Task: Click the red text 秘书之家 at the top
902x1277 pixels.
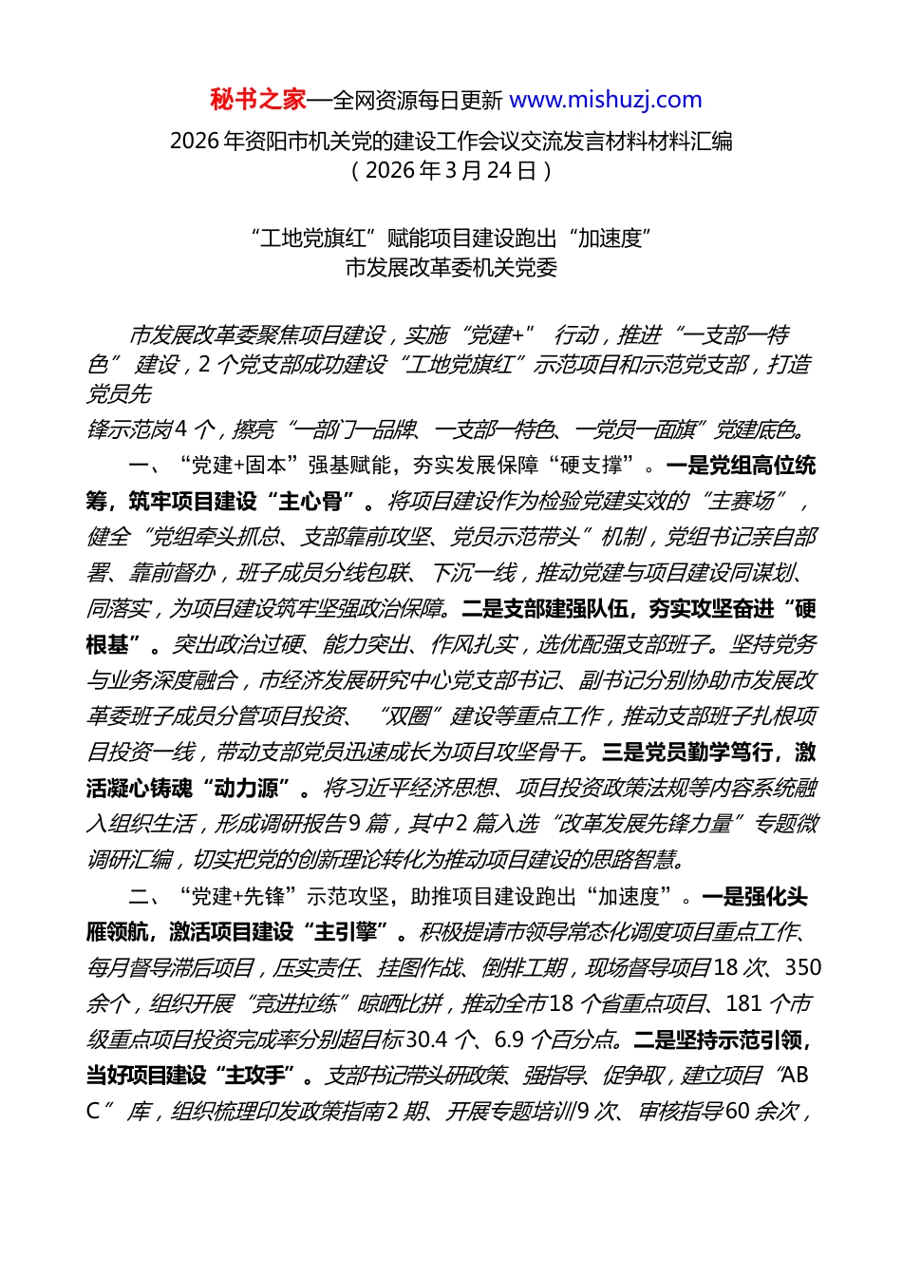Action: (x=258, y=100)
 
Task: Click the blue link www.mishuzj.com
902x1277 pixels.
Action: (x=606, y=100)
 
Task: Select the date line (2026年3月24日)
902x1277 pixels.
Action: (x=451, y=170)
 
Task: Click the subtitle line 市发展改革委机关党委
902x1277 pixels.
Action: (x=451, y=268)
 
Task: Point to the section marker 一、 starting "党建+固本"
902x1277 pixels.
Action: (x=148, y=466)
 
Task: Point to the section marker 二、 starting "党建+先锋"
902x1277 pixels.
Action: (x=148, y=897)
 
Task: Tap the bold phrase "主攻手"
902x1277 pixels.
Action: (x=255, y=1076)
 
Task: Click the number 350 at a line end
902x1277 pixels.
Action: (x=802, y=968)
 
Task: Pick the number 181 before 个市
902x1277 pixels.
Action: (x=743, y=1004)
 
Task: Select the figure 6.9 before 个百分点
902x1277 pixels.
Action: (x=509, y=1040)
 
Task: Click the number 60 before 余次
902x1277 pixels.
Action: (x=737, y=1112)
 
